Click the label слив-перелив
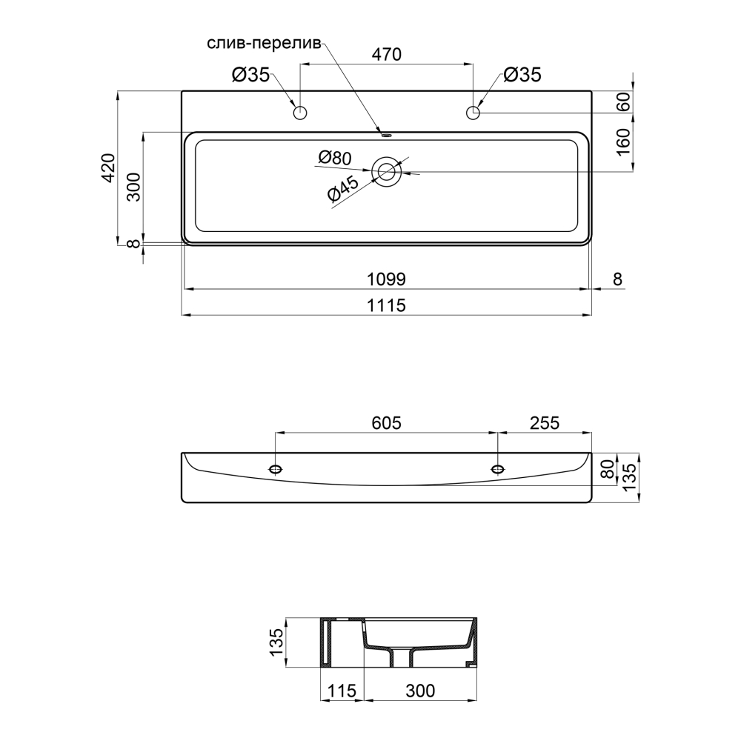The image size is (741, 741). pos(264,43)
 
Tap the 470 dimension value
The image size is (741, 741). pos(387,54)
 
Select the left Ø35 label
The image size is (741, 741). pos(250,75)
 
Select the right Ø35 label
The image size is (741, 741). pos(522,75)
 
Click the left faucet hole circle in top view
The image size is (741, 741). pos(300,113)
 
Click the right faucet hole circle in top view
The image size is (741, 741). pos(473,113)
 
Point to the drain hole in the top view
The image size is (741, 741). pos(387,171)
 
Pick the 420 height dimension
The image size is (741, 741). pos(108,167)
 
